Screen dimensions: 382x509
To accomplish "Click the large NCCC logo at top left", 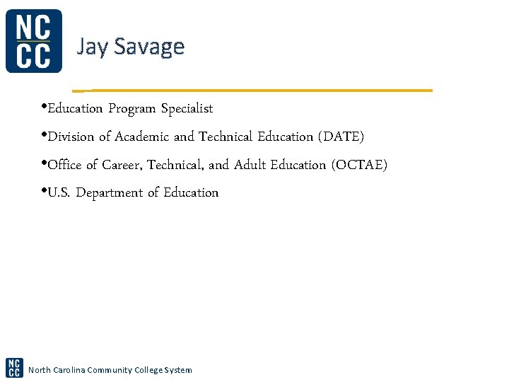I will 33,41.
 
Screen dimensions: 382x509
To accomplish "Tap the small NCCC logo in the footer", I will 14,368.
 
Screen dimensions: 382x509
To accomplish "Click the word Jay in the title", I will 92,47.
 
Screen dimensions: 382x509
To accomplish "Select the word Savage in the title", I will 149,47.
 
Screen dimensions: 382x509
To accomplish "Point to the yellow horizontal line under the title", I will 255,91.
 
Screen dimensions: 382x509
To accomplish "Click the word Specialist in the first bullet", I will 187,109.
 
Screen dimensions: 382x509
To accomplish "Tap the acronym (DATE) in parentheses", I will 341,137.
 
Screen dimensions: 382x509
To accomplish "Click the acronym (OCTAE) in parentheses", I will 359,165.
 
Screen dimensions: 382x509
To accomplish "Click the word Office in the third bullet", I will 64,165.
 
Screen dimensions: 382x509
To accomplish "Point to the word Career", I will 122,165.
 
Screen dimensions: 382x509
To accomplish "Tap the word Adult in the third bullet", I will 250,165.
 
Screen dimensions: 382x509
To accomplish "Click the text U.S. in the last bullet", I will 59,193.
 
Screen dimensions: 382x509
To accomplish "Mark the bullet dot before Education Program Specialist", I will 44,108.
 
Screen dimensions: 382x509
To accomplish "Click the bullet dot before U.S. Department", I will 44,191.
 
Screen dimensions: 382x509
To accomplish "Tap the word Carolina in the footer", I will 68,370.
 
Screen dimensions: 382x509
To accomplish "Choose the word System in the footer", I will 178,370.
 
